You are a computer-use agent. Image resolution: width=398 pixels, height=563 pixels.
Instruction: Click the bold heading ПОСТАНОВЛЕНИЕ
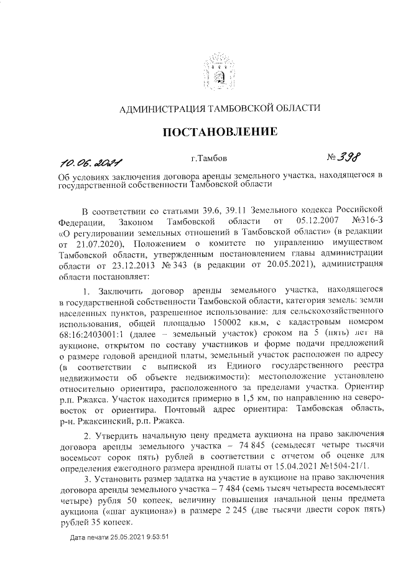pyautogui.click(x=219, y=131)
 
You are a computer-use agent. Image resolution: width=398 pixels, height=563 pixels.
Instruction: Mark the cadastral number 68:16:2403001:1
pyautogui.click(x=93, y=335)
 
